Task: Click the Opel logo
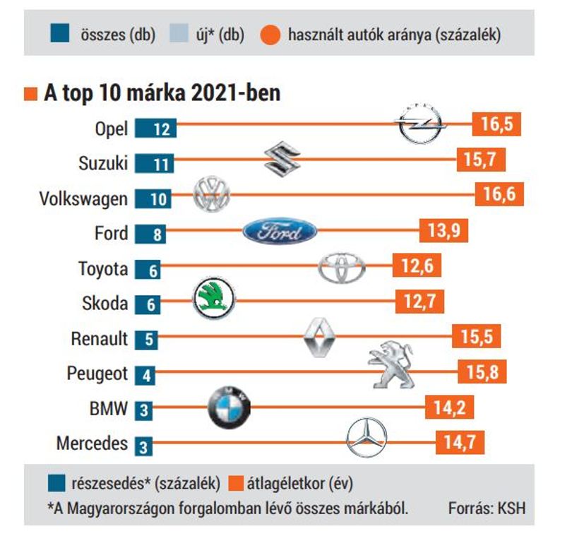point(420,124)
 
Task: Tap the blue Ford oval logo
point(280,231)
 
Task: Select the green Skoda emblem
point(214,299)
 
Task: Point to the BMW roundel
point(229,407)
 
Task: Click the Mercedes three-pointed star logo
point(367,437)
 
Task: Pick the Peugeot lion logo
point(391,364)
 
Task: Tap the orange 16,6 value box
point(499,194)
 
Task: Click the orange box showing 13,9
point(443,230)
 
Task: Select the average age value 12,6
point(417,266)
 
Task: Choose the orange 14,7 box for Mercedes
point(460,442)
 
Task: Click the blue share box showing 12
point(156,129)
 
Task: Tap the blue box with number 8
point(150,234)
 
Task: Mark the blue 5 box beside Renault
point(146,340)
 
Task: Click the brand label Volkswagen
point(83,199)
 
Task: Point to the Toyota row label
point(103,269)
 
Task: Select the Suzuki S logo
point(282,159)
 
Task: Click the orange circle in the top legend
point(270,35)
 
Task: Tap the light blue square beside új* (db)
point(179,33)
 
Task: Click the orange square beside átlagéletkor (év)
point(235,483)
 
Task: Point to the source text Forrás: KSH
point(487,508)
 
